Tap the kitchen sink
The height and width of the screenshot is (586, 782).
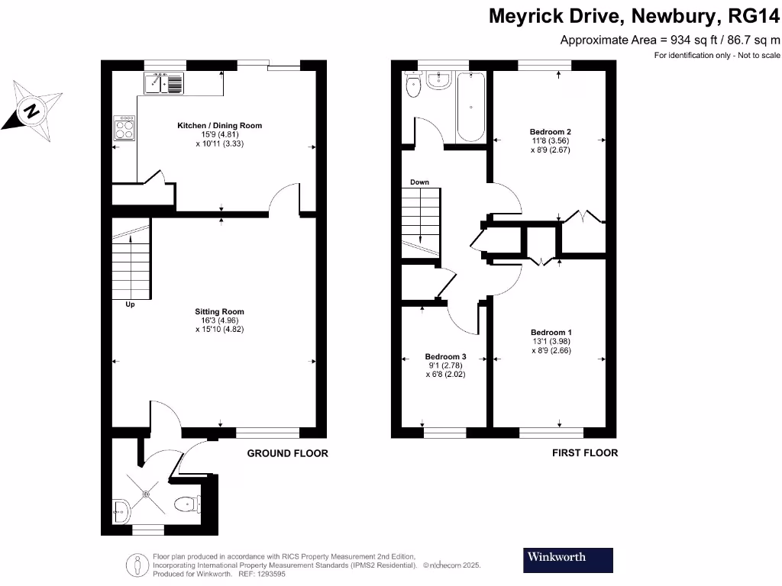[163, 82]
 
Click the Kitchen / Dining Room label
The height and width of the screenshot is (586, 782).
[219, 125]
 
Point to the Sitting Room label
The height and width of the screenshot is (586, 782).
[219, 311]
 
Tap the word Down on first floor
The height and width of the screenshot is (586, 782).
[419, 182]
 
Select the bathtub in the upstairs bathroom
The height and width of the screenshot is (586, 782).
[470, 106]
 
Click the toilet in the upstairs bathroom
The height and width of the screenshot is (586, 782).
[414, 85]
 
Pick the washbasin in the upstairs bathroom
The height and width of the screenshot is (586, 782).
[439, 80]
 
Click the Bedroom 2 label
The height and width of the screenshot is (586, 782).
[550, 132]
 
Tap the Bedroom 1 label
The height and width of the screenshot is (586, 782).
[551, 333]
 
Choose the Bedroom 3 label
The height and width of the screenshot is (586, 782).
[445, 357]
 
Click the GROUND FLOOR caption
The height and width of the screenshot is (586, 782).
[287, 453]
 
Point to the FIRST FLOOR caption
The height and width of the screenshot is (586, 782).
[585, 453]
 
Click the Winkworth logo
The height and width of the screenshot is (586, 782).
[568, 560]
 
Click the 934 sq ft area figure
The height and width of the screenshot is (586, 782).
[686, 40]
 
